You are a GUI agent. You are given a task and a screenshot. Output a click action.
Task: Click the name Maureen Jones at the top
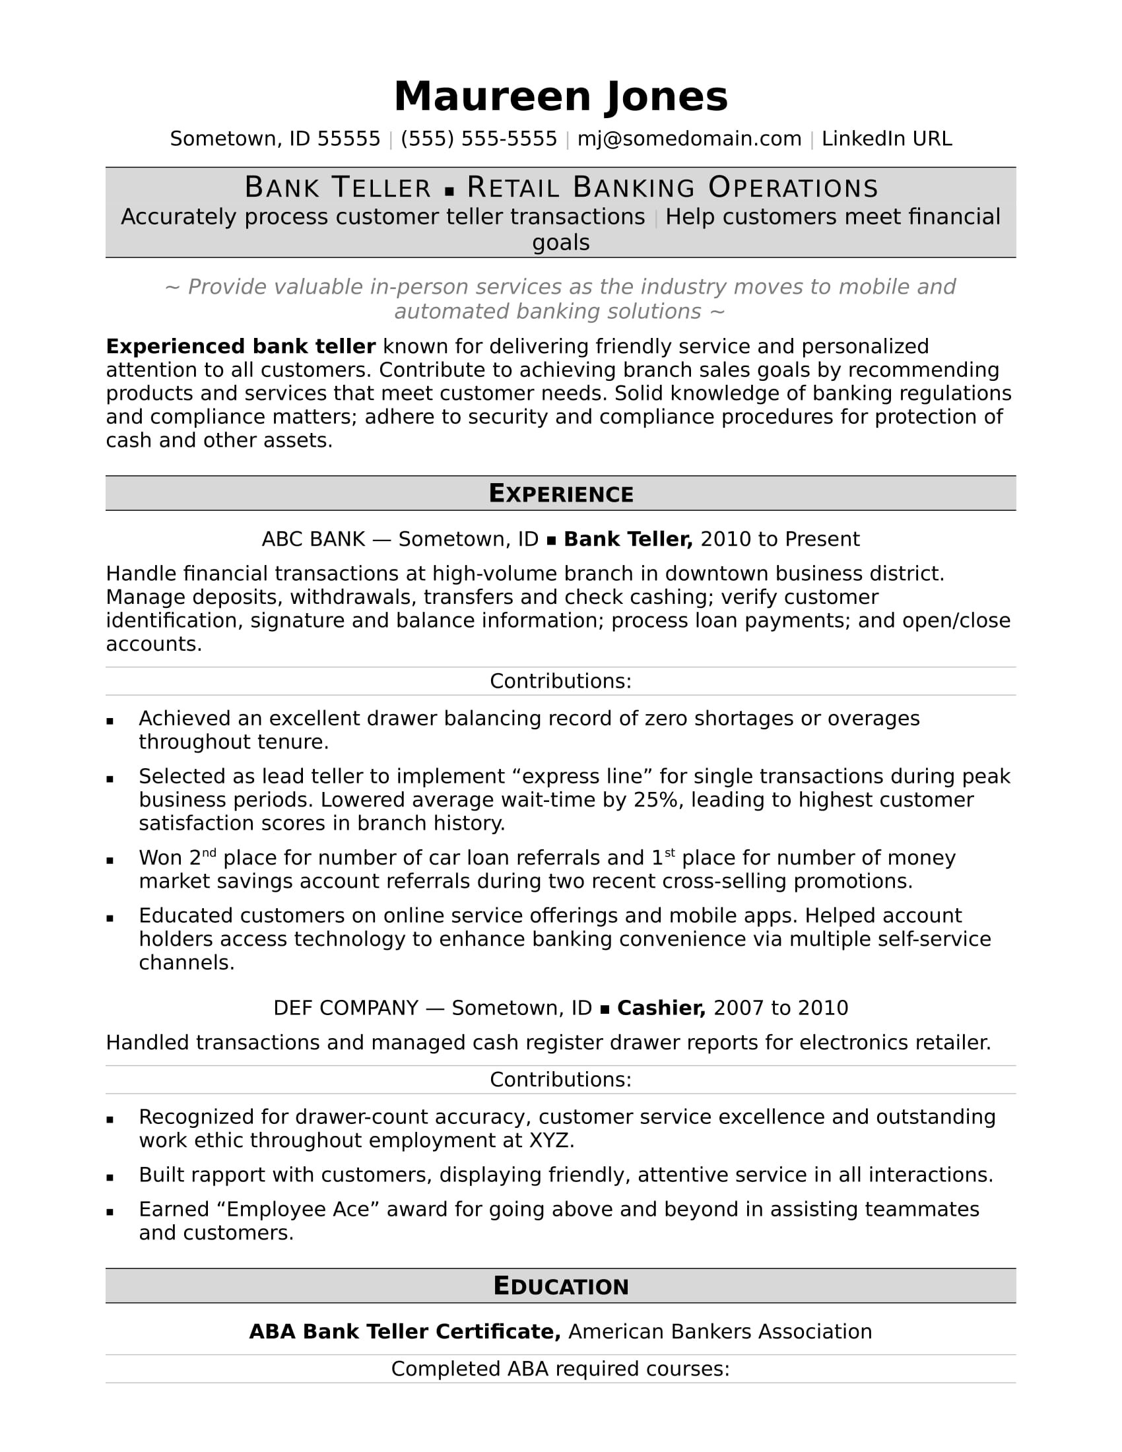point(560,97)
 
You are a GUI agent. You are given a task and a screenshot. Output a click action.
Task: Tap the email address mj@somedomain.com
point(688,139)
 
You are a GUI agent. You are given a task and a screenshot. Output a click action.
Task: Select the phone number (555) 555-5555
point(478,139)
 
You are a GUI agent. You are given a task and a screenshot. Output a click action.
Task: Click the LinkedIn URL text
point(886,139)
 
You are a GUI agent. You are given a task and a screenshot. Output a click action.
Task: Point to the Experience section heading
point(560,493)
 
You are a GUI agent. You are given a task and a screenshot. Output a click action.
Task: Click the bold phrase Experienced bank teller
point(241,346)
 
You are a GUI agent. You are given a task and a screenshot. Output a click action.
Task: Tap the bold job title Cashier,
point(661,1008)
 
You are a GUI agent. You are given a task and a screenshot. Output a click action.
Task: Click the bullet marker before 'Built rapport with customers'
point(110,1177)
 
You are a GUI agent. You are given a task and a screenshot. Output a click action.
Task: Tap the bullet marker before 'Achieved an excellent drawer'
point(110,721)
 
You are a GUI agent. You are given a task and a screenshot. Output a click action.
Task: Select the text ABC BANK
point(313,539)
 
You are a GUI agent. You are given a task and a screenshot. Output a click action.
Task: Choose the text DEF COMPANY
point(346,1008)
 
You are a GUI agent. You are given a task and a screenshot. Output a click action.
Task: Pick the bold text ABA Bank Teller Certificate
point(404,1332)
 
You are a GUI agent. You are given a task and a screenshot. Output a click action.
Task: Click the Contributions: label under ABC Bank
point(560,681)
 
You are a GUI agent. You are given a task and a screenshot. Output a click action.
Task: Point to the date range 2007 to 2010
point(780,1008)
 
